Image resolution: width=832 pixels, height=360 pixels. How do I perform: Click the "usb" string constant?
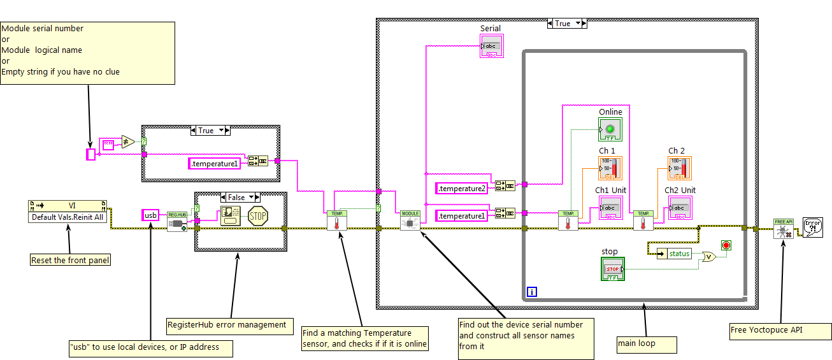151,215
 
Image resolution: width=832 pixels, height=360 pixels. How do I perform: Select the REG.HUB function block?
176,221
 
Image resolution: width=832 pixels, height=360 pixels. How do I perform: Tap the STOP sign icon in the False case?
257,215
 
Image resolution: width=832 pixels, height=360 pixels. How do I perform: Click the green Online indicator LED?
610,129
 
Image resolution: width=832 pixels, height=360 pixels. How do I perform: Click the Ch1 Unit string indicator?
610,208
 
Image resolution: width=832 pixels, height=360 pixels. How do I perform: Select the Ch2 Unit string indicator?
680,208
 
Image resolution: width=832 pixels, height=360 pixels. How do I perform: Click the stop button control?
613,269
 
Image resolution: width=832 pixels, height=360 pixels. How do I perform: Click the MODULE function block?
410,221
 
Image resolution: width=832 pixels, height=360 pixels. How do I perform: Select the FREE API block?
783,228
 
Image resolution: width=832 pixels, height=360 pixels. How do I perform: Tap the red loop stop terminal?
725,245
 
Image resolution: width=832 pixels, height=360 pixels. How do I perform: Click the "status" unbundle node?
675,254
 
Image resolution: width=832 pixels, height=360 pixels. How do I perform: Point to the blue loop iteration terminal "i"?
532,292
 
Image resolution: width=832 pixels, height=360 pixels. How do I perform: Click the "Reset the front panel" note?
70,260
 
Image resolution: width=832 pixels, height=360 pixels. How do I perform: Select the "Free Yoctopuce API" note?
780,331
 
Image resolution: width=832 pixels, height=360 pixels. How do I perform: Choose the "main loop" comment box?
646,344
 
